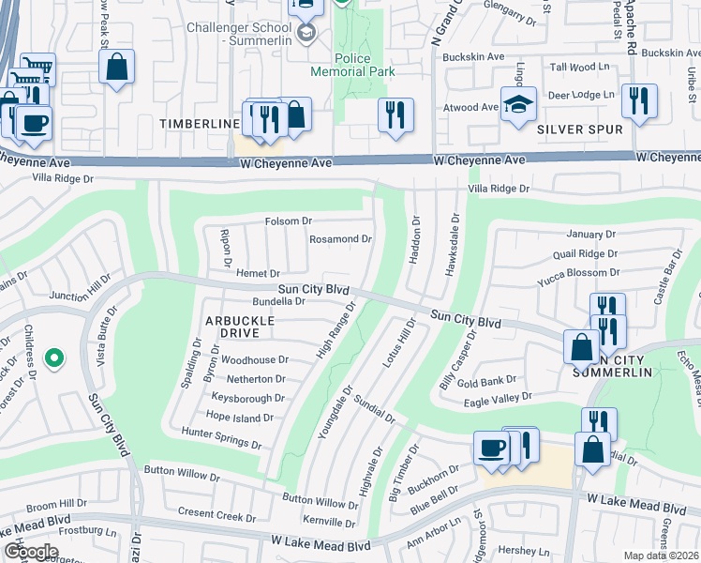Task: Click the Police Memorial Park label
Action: tap(353, 64)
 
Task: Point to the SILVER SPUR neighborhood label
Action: tap(573, 131)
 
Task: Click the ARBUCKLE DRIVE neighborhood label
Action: tap(239, 327)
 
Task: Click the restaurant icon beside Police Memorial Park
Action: tap(395, 114)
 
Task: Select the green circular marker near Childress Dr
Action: tap(54, 358)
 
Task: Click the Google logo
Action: tap(31, 551)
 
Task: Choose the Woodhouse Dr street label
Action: tap(254, 359)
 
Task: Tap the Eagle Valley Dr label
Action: tap(498, 401)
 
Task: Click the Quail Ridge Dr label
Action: tap(585, 252)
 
